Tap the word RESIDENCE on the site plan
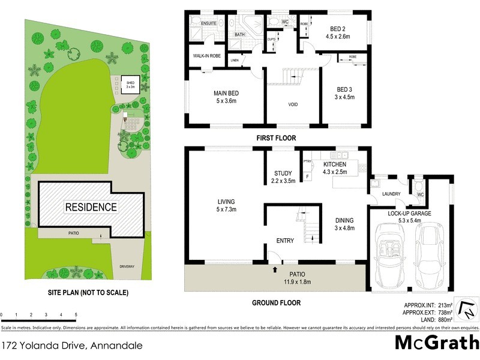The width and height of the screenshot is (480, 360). tap(91, 207)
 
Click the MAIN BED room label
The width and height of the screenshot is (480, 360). tap(226, 94)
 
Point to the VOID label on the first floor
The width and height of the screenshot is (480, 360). tap(293, 104)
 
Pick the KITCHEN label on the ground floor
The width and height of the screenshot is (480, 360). tap(335, 164)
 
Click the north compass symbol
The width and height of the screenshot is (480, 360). tap(466, 310)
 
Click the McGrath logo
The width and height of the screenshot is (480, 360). tap(436, 343)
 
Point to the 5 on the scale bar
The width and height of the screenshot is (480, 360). tap(76, 314)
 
